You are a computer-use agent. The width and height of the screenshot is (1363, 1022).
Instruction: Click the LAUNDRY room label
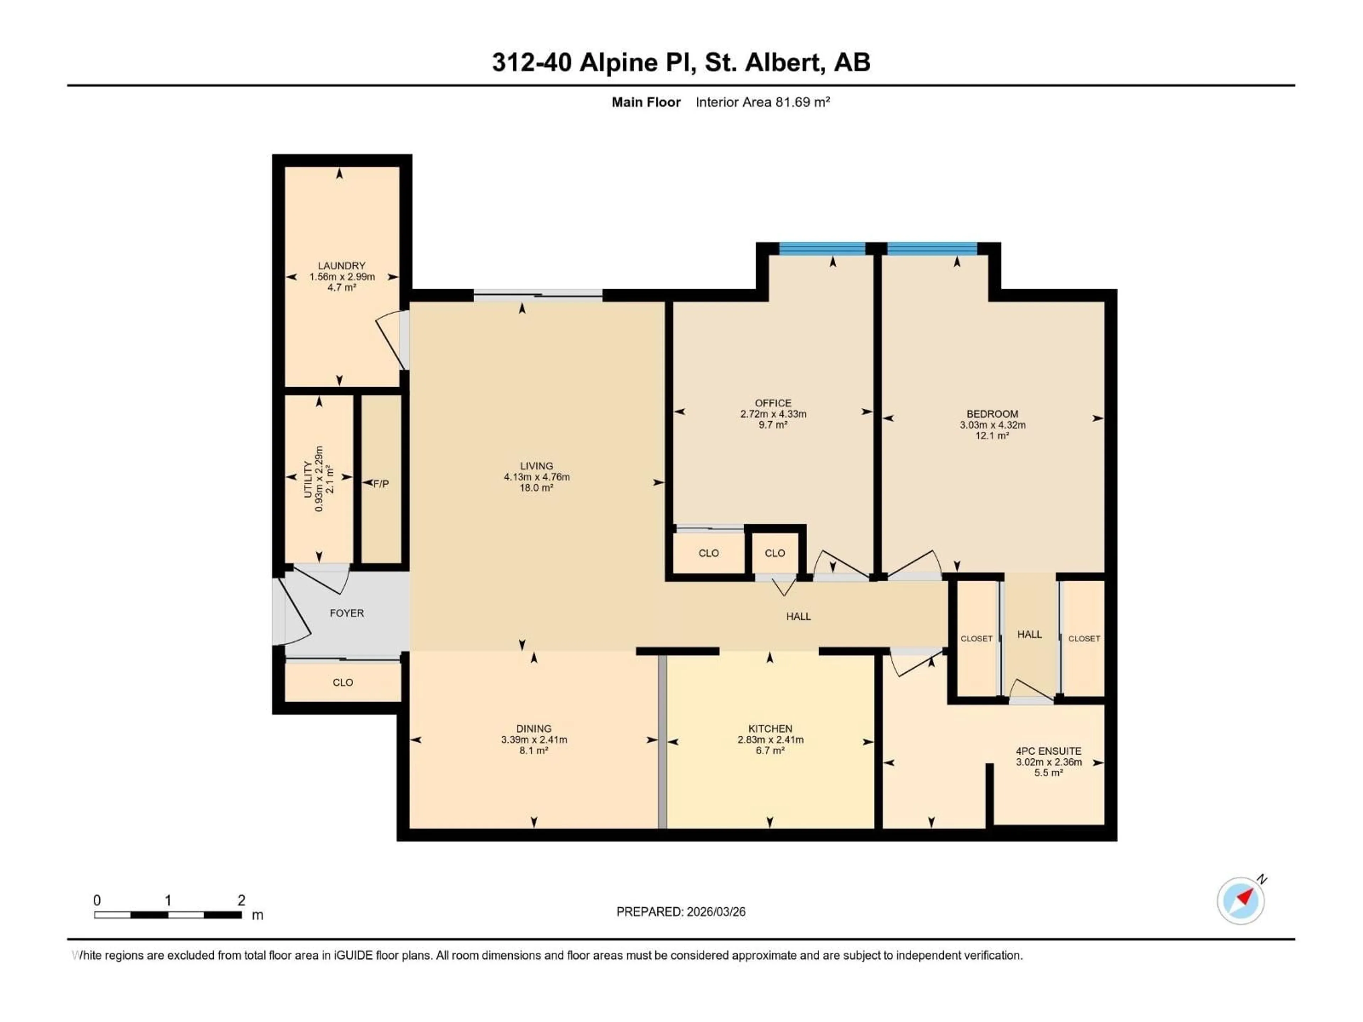tap(341, 265)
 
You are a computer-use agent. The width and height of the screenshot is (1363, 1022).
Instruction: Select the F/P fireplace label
tap(381, 484)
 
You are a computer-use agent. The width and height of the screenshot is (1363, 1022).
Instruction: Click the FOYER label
tap(347, 613)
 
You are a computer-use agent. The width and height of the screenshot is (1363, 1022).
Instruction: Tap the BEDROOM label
tap(992, 414)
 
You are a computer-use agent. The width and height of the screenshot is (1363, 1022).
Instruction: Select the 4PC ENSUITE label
tap(1048, 751)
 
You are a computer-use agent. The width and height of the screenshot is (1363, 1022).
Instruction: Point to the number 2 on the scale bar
tap(242, 900)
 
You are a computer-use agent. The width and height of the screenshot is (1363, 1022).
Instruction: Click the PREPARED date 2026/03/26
tap(715, 912)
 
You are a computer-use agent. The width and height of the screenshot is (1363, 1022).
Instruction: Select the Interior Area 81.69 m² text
tap(762, 102)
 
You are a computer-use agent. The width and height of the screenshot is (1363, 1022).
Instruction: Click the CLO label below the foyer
tap(343, 682)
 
